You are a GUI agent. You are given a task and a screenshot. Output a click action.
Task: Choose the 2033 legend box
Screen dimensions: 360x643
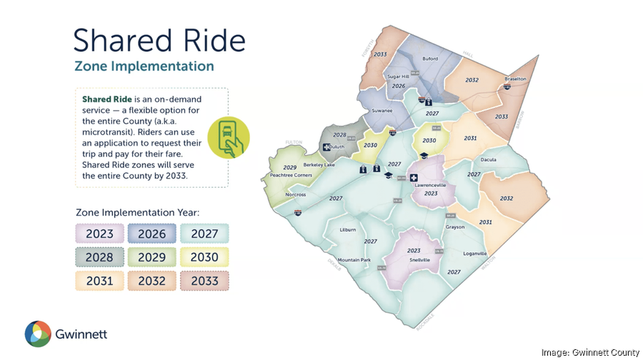click(x=204, y=281)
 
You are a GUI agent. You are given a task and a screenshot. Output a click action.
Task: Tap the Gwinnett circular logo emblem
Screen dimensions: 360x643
click(x=38, y=334)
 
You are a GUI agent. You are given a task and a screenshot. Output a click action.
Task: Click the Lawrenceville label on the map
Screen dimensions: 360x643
click(x=430, y=185)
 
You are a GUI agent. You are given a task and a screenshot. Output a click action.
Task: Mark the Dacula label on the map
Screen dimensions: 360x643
click(x=489, y=160)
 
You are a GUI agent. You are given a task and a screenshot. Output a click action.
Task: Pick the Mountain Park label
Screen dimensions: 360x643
click(x=354, y=260)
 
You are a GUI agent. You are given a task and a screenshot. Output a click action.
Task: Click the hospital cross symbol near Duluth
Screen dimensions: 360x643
click(x=327, y=147)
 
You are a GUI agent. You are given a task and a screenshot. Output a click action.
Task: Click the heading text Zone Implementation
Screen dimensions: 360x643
click(x=144, y=66)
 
